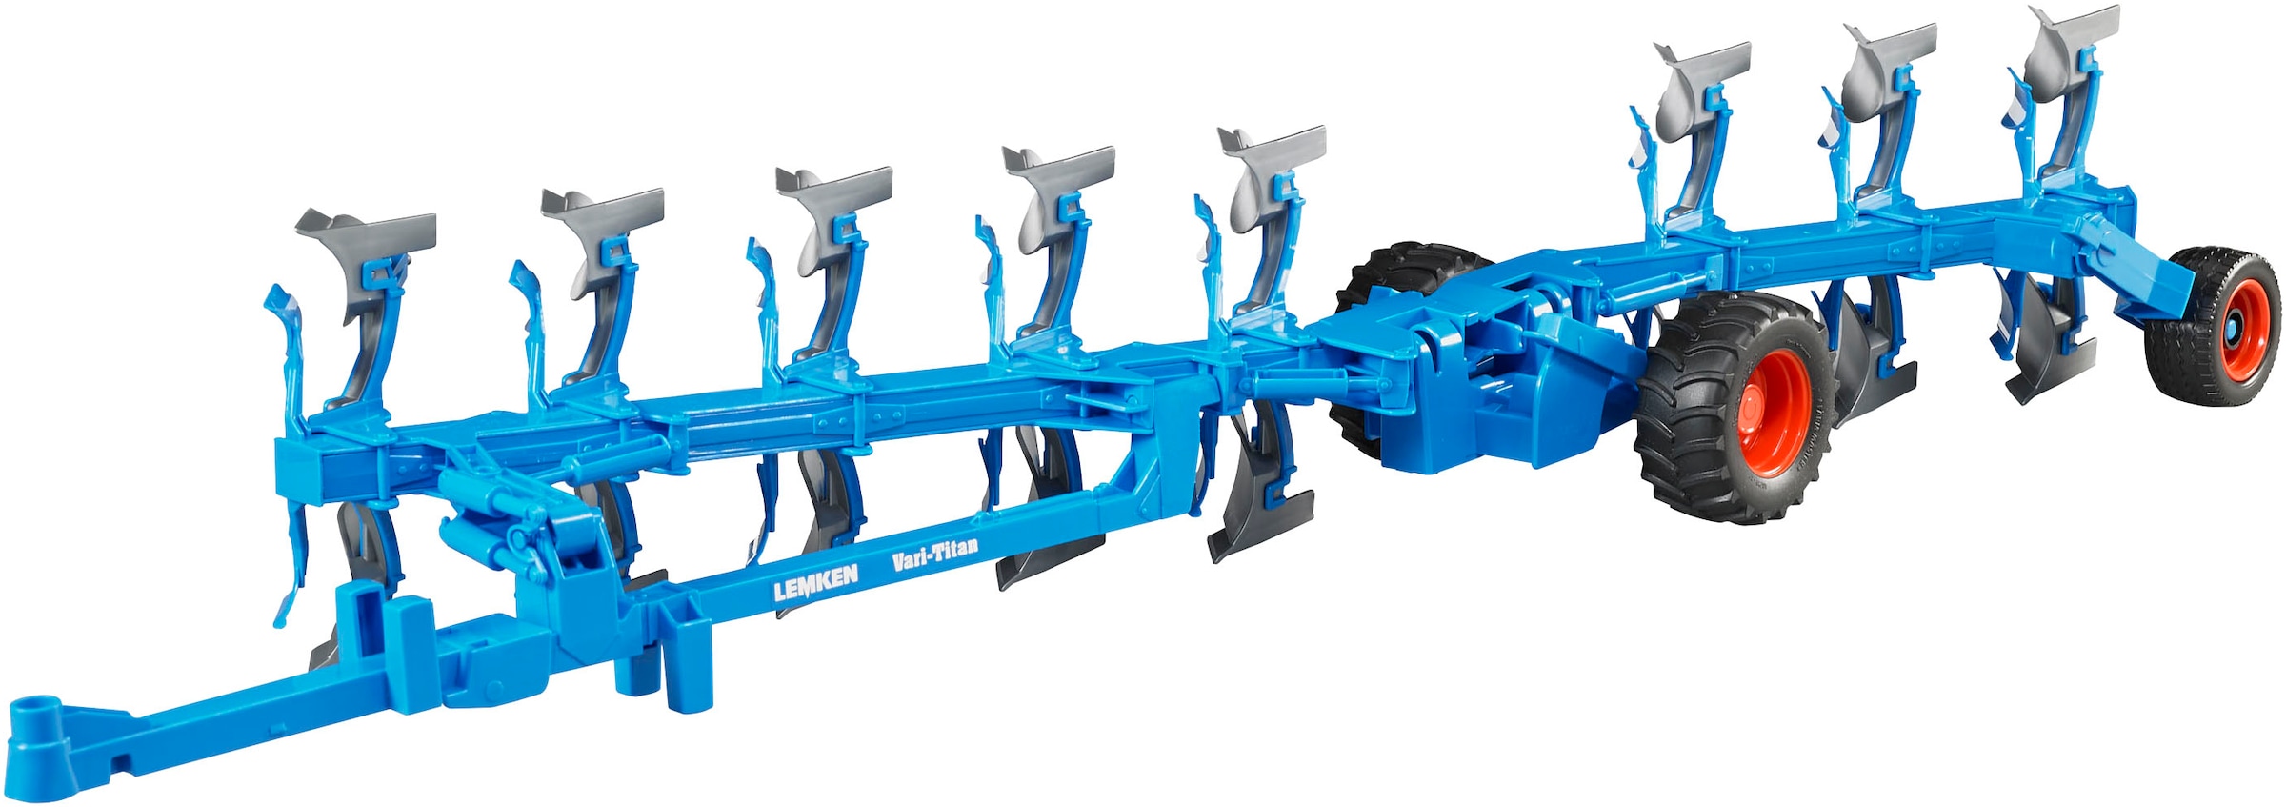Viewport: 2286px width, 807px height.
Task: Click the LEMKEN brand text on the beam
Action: [x=815, y=581]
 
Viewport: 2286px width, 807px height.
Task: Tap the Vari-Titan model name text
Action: [x=934, y=554]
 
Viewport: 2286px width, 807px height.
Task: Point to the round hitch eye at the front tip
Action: [x=36, y=714]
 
